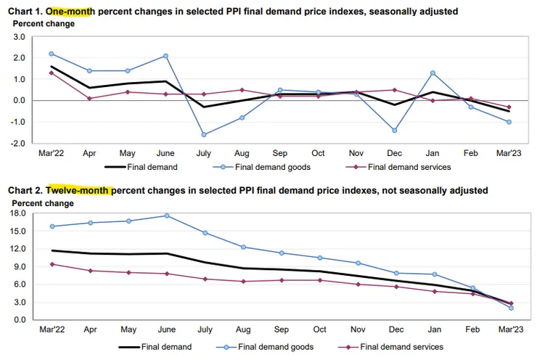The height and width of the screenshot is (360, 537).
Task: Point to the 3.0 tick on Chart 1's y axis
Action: coord(19,36)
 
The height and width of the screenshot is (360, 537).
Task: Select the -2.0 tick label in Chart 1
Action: coord(18,143)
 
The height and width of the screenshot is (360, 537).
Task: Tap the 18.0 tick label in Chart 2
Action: coord(17,213)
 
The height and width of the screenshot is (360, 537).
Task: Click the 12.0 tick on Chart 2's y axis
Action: coord(17,249)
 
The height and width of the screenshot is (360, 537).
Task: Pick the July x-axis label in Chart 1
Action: coord(205,154)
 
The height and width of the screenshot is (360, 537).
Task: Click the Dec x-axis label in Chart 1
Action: coord(395,154)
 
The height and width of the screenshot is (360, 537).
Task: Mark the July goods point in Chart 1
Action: coord(205,134)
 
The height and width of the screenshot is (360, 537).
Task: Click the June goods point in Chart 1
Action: coord(166,56)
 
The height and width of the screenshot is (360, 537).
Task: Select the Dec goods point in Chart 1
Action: coord(395,131)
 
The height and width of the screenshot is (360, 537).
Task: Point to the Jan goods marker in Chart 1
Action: coord(433,73)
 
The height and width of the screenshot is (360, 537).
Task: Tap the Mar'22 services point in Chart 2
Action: coord(52,264)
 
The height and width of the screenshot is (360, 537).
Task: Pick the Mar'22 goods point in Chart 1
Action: coord(52,54)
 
